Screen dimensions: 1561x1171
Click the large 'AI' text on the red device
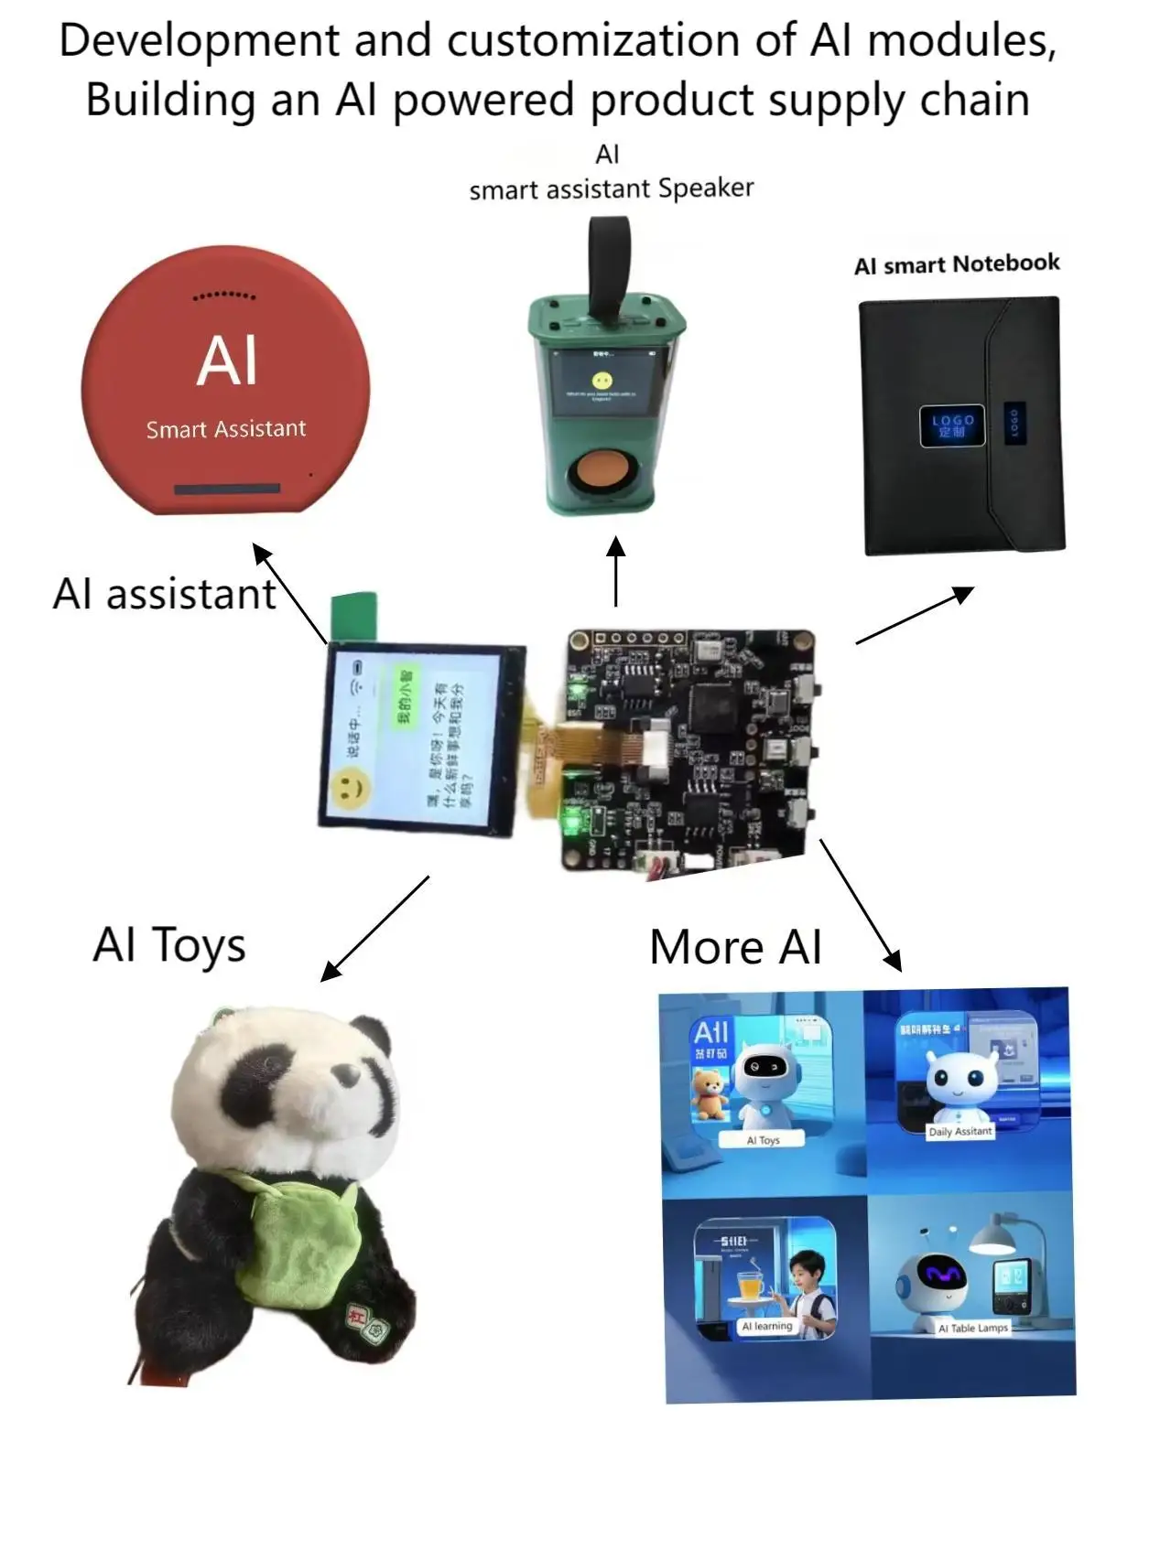227,361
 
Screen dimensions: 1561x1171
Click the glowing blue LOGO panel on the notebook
952,425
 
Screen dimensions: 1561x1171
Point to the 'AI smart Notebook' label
957,264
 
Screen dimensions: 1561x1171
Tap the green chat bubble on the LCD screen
404,696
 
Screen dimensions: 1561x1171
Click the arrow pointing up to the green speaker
616,571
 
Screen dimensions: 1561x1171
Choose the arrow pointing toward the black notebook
914,615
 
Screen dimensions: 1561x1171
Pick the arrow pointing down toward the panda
375,928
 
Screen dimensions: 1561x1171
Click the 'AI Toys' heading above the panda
169,945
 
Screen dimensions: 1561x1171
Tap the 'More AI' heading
735,947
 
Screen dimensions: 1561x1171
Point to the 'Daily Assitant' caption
960,1132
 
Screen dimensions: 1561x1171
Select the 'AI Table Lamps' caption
972,1328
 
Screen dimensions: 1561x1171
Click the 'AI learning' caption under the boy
767,1326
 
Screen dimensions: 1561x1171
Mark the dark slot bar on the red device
226,489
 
